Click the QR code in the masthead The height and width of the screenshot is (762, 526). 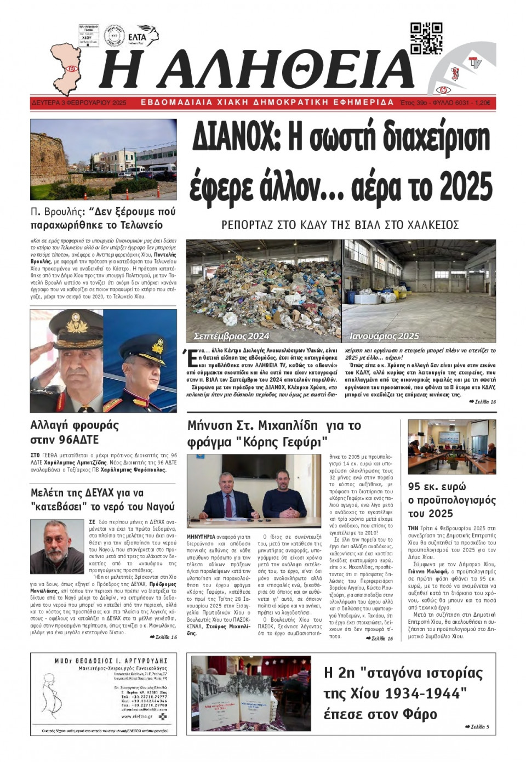click(x=426, y=38)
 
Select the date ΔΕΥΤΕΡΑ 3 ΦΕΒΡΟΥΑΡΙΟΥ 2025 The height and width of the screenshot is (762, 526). click(x=79, y=103)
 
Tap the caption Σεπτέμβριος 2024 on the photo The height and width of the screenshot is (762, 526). click(x=231, y=336)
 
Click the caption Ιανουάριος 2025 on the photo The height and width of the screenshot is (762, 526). click(x=384, y=336)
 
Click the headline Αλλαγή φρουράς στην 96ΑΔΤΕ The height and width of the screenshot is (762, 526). click(x=75, y=432)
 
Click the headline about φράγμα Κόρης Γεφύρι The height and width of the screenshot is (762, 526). click(x=274, y=434)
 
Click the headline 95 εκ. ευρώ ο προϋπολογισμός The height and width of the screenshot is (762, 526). click(x=451, y=499)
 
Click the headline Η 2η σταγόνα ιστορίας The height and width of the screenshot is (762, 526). click(x=403, y=693)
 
